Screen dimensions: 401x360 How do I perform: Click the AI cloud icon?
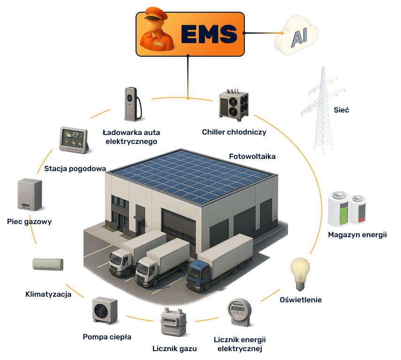tap(296, 35)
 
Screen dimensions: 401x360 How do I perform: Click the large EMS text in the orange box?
tap(209, 34)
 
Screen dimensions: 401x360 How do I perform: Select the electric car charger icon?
tap(133, 104)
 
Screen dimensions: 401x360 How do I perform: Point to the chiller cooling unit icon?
tap(234, 105)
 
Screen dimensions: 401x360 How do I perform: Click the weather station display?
tap(74, 140)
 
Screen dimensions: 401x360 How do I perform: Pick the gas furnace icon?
tap(30, 195)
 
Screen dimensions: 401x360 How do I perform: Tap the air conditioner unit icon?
tap(48, 264)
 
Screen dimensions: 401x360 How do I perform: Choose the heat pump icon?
tap(105, 310)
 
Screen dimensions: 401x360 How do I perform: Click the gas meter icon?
tap(174, 322)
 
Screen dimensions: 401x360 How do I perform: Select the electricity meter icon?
tap(239, 312)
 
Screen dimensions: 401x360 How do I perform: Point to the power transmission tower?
tap(323, 111)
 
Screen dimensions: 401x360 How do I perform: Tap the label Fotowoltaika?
tap(252, 157)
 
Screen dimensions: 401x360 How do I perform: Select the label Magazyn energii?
tap(357, 235)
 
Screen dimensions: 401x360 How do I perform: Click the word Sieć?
tap(341, 110)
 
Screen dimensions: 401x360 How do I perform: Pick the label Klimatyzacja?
tap(48, 294)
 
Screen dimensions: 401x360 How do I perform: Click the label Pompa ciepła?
tap(107, 337)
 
